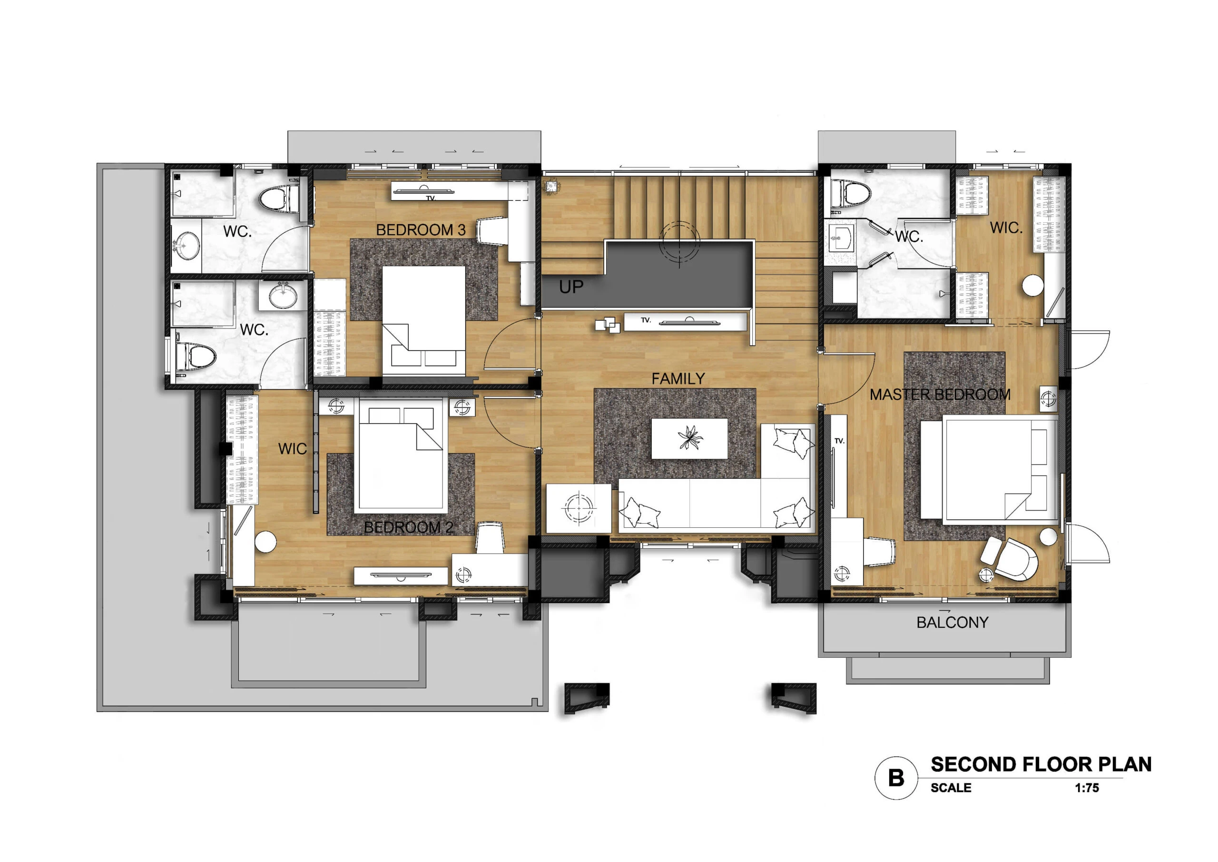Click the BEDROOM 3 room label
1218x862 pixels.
[x=421, y=230]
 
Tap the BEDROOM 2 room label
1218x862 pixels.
[x=409, y=527]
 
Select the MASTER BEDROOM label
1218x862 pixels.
[x=940, y=395]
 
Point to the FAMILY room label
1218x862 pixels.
[x=678, y=378]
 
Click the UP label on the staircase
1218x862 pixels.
[x=571, y=287]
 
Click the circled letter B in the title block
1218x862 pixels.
[x=896, y=778]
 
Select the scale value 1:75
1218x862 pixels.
[x=1087, y=788]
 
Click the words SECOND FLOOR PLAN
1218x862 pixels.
[x=1041, y=764]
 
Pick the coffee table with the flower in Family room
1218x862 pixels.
[x=689, y=438]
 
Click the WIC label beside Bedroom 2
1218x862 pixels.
[x=292, y=448]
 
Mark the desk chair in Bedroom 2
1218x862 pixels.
[x=489, y=538]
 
